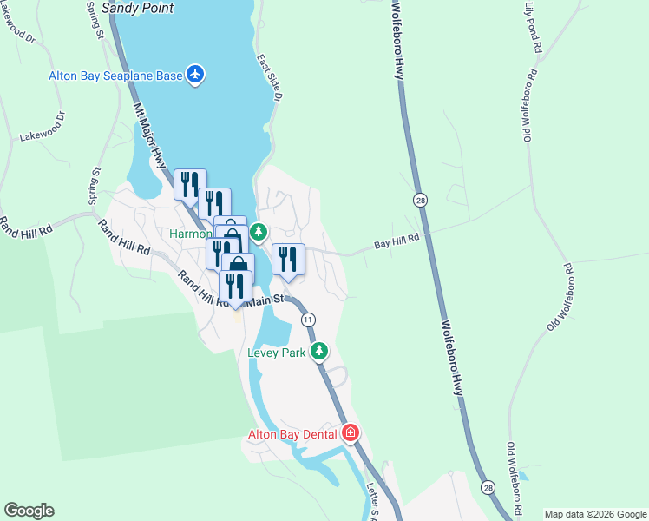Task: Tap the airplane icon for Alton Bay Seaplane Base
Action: tap(195, 75)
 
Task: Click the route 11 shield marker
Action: tap(308, 320)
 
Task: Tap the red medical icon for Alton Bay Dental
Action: tap(351, 432)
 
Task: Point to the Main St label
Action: tap(265, 300)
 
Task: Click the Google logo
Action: tap(29, 511)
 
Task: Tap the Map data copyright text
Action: tap(595, 514)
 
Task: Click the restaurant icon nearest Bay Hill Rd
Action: tap(288, 260)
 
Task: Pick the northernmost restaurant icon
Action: tap(190, 184)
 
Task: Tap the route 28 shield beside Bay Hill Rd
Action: tap(420, 200)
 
